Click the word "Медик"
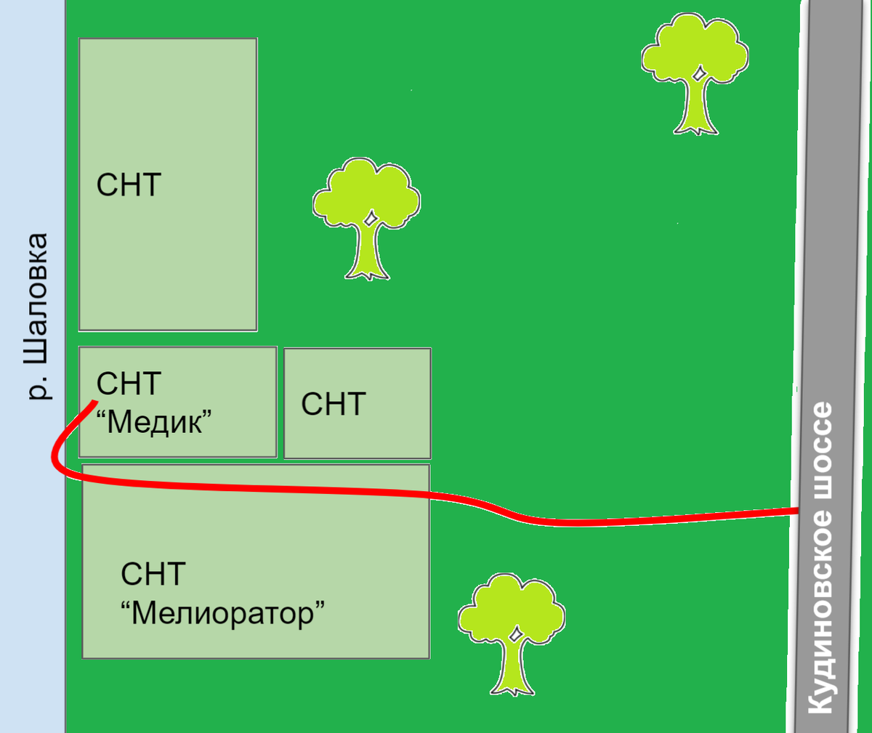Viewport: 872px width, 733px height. point(153,422)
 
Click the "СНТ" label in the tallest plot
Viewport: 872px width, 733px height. point(129,185)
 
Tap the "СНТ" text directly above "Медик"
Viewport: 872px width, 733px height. point(129,383)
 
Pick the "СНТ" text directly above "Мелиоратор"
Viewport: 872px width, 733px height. point(153,575)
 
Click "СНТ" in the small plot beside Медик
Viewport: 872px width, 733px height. point(334,404)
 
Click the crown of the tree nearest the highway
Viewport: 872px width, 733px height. point(695,48)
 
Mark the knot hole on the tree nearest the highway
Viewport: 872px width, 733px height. point(698,75)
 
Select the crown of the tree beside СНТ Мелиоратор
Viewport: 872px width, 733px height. point(512,609)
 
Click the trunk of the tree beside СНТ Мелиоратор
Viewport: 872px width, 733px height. point(512,667)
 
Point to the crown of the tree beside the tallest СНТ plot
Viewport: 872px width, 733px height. point(367,193)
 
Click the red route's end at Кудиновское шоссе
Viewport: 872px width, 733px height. point(798,511)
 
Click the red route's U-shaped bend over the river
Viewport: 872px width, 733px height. point(55,457)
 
